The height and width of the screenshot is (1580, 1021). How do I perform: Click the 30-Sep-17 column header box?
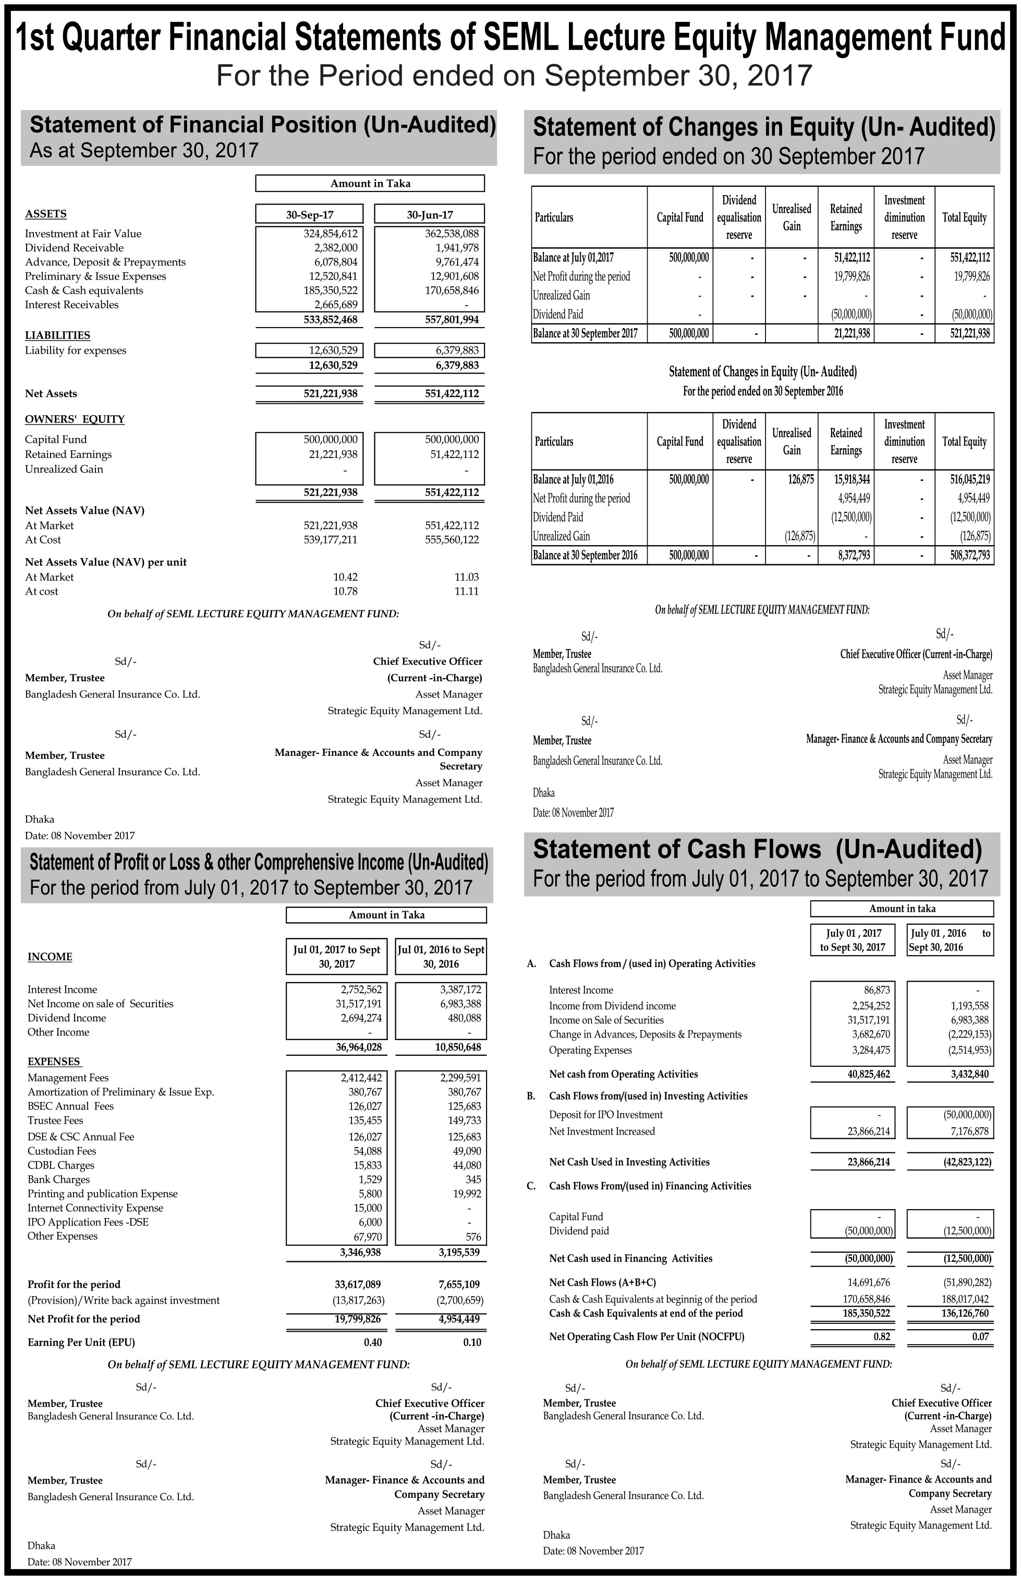click(x=310, y=214)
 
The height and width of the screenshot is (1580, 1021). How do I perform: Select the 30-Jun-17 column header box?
click(x=429, y=214)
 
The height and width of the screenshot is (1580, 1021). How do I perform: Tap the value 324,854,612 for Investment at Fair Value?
click(x=330, y=233)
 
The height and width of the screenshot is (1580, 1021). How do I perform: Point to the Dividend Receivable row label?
click(x=74, y=248)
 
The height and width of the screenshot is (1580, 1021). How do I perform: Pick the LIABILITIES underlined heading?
click(x=58, y=335)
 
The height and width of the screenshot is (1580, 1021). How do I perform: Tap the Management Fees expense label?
click(x=68, y=1078)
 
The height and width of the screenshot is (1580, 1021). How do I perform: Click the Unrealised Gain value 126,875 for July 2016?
click(x=801, y=479)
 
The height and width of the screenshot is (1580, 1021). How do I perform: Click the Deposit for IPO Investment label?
click(x=605, y=1115)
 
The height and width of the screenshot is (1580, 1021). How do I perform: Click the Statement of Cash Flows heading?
click(x=757, y=849)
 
